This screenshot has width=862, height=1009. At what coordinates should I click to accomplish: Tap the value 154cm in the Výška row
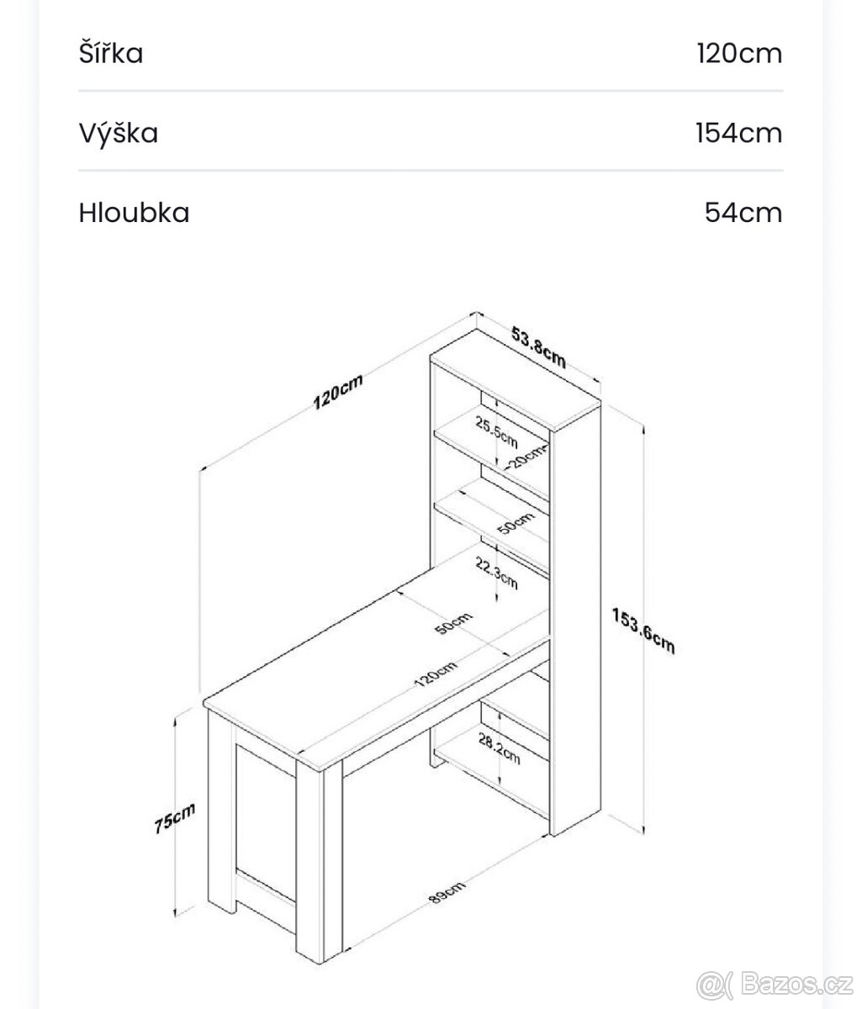click(x=739, y=133)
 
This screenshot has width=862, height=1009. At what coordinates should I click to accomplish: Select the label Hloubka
click(x=134, y=213)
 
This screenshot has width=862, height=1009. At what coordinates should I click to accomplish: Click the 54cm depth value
click(x=743, y=213)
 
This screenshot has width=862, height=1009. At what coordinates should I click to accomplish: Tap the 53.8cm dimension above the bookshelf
click(x=539, y=347)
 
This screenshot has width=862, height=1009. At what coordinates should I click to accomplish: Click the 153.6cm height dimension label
click(x=643, y=630)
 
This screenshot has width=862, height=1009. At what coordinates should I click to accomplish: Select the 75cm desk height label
click(x=175, y=817)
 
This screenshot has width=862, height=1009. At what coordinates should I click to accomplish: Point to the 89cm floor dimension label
click(x=447, y=892)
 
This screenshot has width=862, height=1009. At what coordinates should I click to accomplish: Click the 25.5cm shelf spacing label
click(x=496, y=431)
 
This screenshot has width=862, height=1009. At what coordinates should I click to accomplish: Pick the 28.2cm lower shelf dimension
click(x=499, y=748)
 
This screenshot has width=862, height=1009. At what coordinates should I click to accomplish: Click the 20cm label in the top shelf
click(x=526, y=457)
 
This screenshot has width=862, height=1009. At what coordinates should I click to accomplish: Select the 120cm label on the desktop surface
click(x=436, y=674)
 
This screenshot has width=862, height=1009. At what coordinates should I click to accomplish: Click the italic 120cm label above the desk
click(x=338, y=392)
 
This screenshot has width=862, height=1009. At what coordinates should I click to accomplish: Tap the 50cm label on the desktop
click(x=453, y=623)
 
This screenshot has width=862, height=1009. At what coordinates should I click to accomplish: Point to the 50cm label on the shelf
click(x=516, y=523)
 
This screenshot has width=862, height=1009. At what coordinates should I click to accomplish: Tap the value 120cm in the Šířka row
click(x=739, y=53)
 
